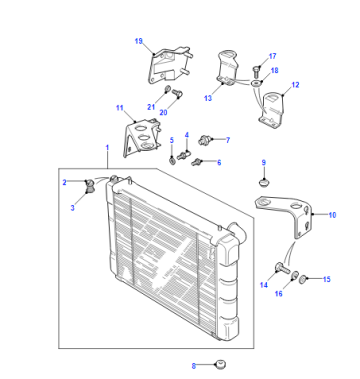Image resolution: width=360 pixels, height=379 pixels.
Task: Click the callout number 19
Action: pos(139,41)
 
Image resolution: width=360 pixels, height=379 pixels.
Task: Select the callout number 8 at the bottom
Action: pos(194,366)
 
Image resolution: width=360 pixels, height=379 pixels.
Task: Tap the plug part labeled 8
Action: pos(221,364)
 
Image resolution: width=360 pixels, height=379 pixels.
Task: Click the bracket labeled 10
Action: pos(287,215)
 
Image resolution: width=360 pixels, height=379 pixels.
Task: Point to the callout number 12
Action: pos(295,85)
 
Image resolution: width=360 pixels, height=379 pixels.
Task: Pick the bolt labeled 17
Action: pos(256,71)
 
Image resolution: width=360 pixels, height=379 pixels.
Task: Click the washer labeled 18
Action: pos(256,82)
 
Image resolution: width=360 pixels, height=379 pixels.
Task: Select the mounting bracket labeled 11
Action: pos(142,137)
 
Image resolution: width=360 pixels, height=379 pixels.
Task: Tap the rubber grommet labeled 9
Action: pos(264,183)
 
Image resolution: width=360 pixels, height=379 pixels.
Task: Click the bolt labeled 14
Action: pos(282,267)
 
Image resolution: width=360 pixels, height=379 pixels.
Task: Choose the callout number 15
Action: pos(327,279)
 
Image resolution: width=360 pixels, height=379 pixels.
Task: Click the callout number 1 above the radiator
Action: pos(107,147)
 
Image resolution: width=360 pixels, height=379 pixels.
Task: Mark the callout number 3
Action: pos(73,208)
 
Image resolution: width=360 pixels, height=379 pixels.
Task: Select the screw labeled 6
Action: pos(196,162)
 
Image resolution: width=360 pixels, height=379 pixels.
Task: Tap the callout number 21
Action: pos(151,107)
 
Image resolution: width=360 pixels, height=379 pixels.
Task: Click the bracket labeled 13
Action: pos(227,69)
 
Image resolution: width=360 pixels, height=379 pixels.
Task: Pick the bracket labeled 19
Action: pos(170,65)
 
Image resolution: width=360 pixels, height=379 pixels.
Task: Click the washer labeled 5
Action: pos(172,161)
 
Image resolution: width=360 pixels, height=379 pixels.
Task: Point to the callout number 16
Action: pos(279,293)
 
